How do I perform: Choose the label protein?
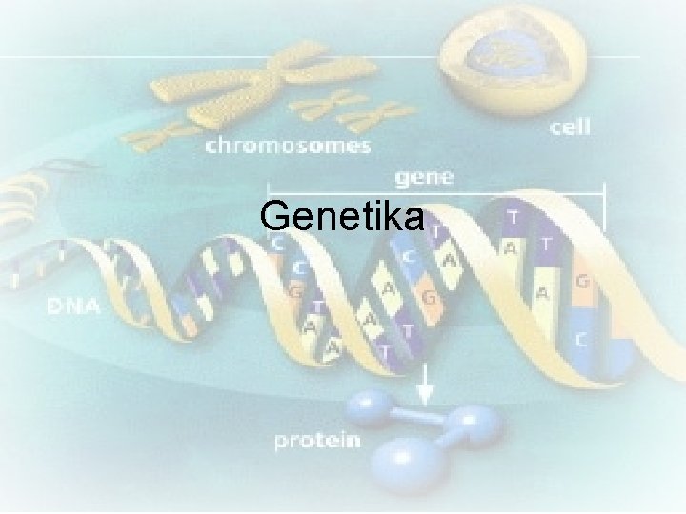coord(318,440)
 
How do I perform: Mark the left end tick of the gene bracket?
coord(269,190)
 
